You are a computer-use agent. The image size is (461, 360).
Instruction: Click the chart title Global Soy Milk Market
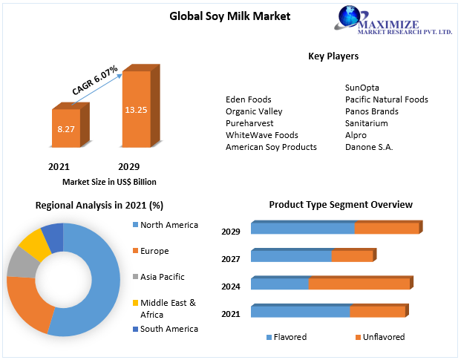(x=229, y=15)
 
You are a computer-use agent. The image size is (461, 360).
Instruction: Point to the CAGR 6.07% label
(x=94, y=80)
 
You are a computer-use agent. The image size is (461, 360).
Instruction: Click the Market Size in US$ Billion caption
(x=109, y=182)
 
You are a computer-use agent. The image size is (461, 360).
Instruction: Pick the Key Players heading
(x=333, y=56)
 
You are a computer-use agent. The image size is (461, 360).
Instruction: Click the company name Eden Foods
(x=248, y=99)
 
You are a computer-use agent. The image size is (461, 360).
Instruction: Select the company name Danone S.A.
(x=369, y=147)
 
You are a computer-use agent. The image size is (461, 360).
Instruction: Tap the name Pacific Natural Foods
(x=386, y=99)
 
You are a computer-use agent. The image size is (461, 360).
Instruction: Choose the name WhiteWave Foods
(x=261, y=135)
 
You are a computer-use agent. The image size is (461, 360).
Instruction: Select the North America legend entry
(x=169, y=225)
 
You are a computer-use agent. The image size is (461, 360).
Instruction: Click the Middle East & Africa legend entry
(x=168, y=307)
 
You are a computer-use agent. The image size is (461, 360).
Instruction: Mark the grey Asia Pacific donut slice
(x=19, y=262)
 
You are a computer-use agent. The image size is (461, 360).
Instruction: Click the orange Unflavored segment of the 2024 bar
(x=359, y=284)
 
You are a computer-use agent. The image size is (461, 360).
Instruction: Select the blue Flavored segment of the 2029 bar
(x=302, y=229)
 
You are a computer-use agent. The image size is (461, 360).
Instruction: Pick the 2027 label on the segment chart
(x=231, y=259)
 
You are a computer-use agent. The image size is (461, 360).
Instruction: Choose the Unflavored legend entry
(x=383, y=337)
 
